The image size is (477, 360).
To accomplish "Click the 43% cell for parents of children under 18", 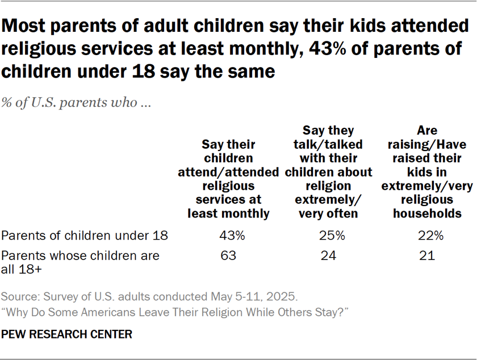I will point(232,236).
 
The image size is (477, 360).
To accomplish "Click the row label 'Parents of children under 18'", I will point(85,236).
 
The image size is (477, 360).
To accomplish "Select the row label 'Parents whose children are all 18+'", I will point(80,262).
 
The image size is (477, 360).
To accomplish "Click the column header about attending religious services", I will point(232,179).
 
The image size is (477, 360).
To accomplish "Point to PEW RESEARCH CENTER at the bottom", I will point(66,334).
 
